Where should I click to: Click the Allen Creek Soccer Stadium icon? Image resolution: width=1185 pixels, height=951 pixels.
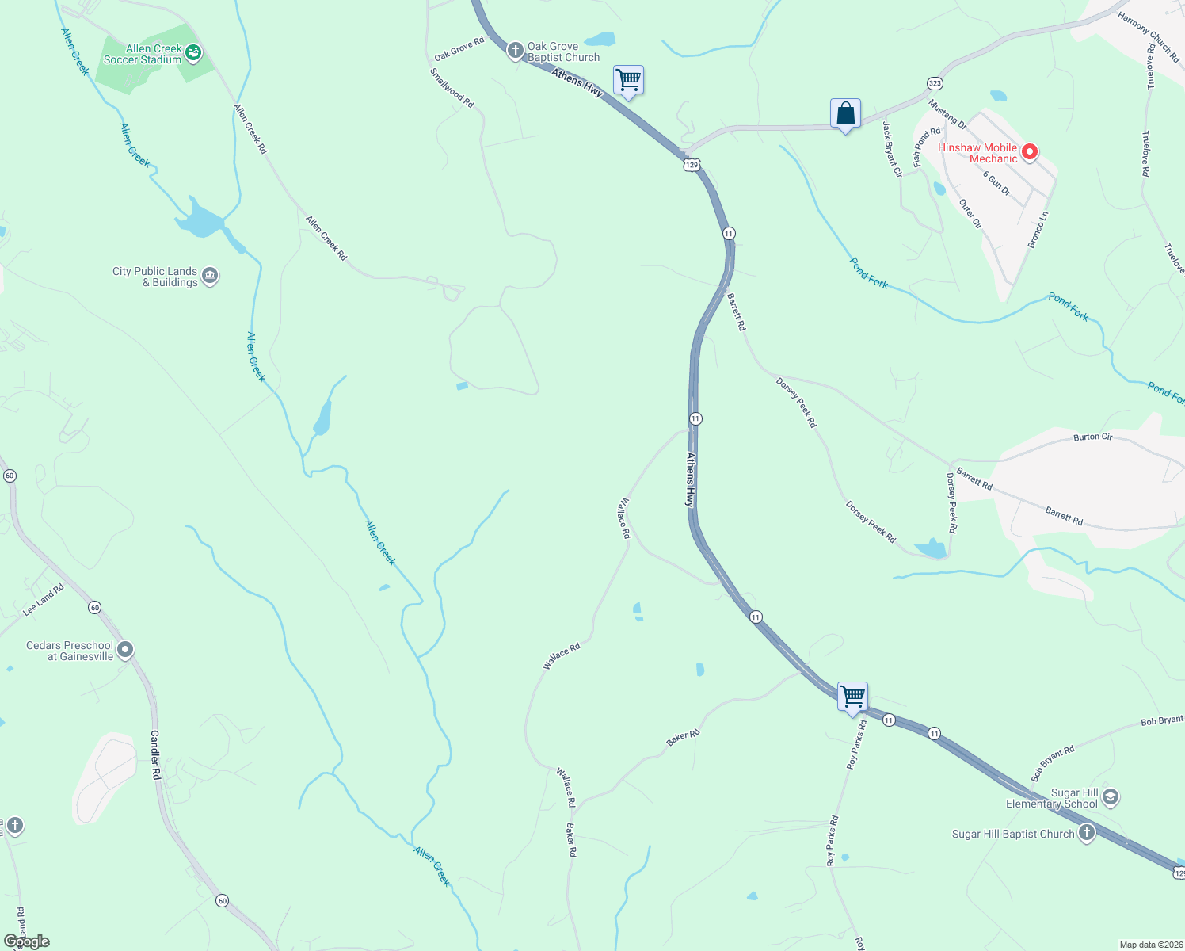[193, 54]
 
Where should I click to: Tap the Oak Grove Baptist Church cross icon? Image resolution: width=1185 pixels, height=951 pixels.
[515, 52]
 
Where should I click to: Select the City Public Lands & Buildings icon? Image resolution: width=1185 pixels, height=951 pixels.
[210, 276]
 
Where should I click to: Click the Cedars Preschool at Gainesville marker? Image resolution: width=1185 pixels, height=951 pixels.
[125, 651]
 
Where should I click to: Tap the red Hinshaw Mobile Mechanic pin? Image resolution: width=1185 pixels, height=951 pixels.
[1029, 151]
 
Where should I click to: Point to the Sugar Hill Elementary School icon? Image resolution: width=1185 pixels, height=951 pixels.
[1110, 797]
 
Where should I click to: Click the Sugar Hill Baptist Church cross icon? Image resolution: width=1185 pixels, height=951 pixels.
[1086, 833]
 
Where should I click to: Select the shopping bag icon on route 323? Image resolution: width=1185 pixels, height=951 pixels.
[845, 114]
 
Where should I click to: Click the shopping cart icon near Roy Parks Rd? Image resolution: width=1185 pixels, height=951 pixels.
[853, 697]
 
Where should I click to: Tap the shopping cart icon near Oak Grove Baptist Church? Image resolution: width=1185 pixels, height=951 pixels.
[628, 80]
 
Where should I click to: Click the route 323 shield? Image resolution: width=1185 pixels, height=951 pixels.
[935, 83]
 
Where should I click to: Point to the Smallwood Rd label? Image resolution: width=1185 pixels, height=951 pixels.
[452, 88]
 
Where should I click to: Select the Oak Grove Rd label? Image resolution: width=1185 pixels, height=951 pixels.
[459, 49]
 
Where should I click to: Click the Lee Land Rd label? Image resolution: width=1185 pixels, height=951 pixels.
[43, 600]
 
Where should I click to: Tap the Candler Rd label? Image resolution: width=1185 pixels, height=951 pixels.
[155, 754]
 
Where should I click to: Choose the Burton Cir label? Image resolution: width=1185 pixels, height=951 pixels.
[1092, 437]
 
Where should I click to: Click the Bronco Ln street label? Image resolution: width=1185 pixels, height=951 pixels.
[1038, 230]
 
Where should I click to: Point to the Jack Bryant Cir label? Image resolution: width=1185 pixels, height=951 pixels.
[892, 149]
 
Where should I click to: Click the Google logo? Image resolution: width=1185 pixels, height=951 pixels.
[26, 941]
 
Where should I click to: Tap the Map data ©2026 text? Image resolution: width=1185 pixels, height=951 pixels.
[1149, 945]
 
